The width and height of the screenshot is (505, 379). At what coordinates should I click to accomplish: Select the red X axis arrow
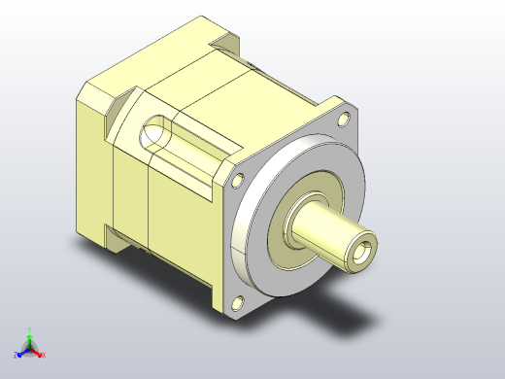pyautogui.click(x=38, y=354)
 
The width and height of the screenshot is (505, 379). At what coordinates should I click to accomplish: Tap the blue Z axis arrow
pyautogui.click(x=20, y=353)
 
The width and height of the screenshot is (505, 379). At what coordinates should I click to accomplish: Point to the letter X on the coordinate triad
pyautogui.click(x=44, y=356)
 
